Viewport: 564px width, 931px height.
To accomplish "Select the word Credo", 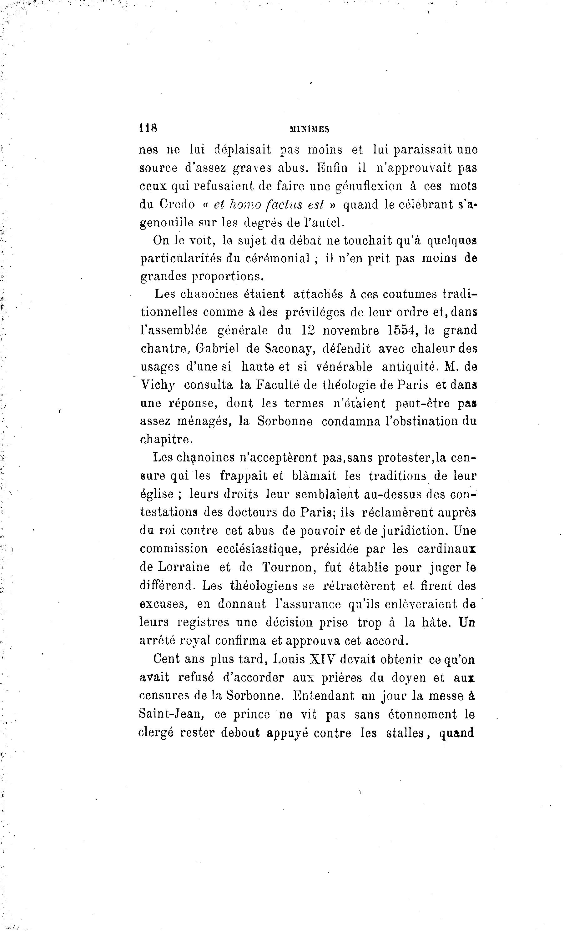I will pos(177,204).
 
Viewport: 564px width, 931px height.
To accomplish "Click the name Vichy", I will pos(158,385).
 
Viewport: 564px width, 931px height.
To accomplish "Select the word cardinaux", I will pos(446,549).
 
